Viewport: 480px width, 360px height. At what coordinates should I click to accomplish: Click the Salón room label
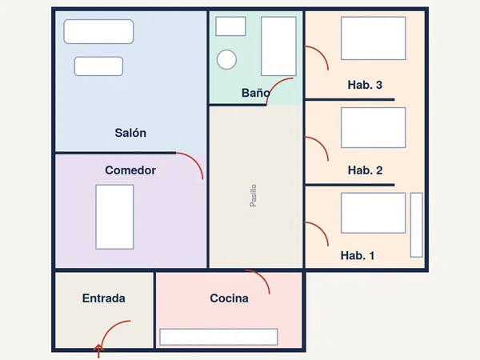coord(130,133)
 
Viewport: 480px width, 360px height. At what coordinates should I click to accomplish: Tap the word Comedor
coord(130,170)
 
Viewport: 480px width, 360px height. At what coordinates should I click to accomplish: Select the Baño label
coord(256,93)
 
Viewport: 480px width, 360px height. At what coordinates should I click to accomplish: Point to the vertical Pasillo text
coord(253,195)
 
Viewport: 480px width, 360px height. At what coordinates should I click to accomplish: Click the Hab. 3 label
coord(365,85)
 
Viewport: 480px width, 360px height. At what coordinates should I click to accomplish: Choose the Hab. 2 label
coord(366,170)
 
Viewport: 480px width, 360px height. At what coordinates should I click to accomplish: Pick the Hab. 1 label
coord(358,255)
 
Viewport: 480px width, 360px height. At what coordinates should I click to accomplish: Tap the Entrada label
coord(104,298)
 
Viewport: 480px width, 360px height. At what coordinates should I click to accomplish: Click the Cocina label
coord(229,298)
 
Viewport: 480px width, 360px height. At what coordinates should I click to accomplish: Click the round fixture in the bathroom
coord(226,59)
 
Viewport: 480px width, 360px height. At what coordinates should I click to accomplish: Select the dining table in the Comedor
coord(114,217)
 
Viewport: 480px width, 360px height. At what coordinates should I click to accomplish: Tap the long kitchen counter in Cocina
coord(218,337)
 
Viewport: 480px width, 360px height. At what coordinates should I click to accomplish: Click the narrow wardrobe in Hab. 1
coord(416,225)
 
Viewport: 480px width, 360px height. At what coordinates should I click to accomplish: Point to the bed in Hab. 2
coord(373,127)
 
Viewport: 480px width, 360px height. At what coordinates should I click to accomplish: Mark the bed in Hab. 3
coord(373,38)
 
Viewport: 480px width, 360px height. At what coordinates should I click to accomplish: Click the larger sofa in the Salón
coord(98,31)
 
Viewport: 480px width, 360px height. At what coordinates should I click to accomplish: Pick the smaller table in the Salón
coord(98,66)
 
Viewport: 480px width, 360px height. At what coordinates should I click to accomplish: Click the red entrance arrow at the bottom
coord(98,351)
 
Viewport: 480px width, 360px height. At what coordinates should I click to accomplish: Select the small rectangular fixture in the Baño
coord(230,26)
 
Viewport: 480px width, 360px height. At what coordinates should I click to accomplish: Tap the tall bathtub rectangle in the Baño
coord(278,46)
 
